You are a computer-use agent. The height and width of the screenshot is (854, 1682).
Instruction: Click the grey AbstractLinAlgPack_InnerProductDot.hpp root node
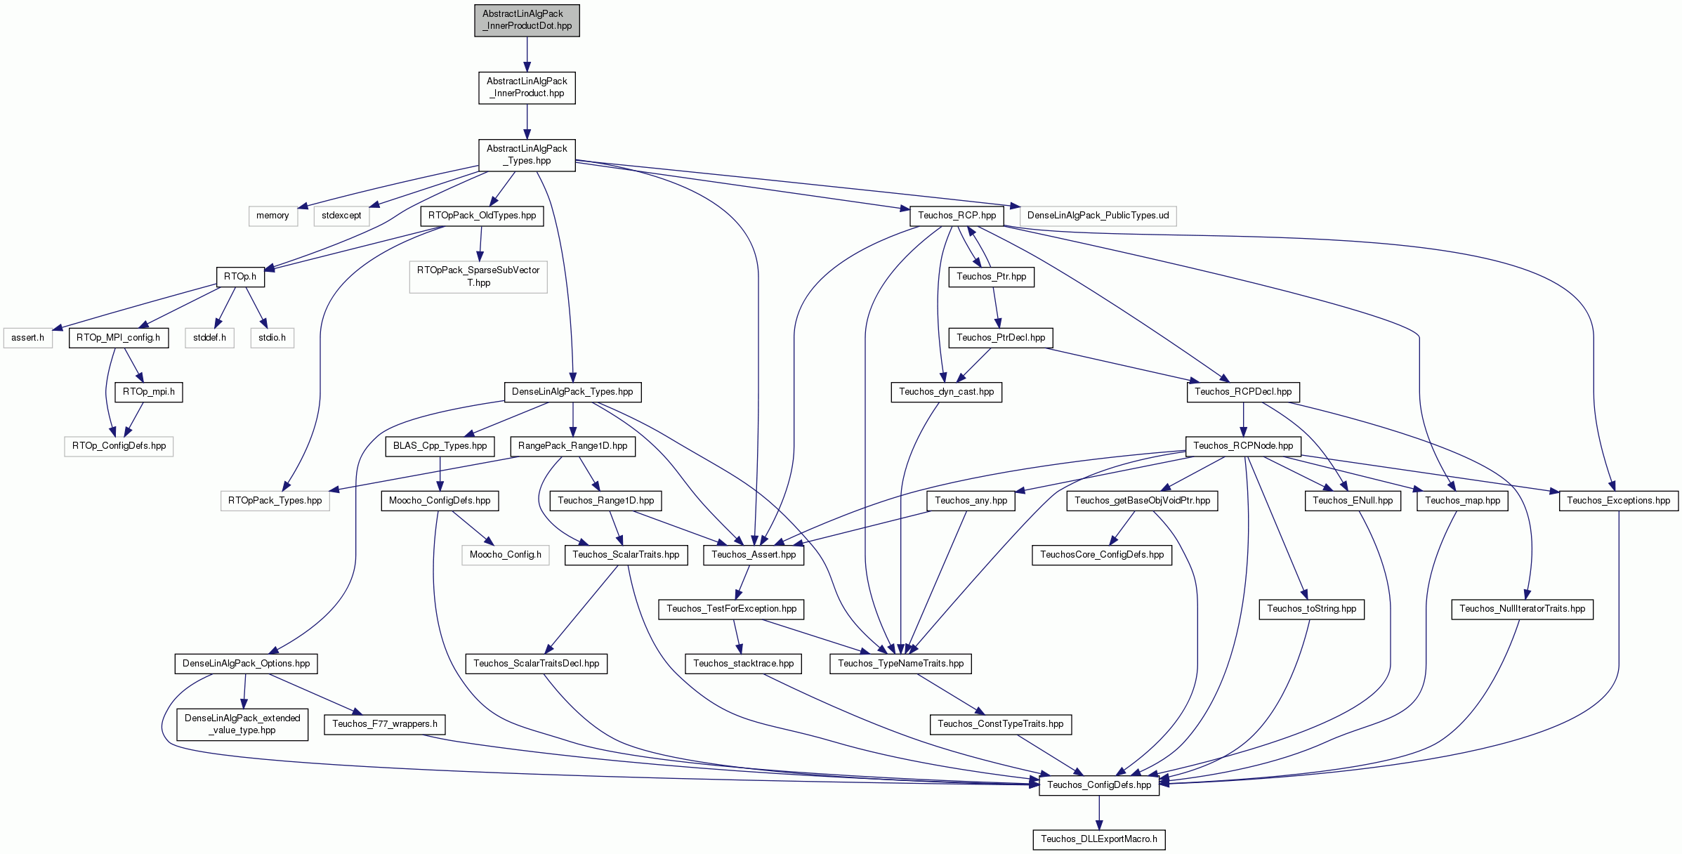pos(527,20)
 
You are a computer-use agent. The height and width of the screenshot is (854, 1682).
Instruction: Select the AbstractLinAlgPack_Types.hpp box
pos(527,155)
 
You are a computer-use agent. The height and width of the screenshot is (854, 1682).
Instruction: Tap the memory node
pos(272,216)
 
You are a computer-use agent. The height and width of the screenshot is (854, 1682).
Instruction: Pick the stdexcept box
pos(341,216)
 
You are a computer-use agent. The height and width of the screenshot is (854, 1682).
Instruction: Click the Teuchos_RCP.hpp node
pos(957,216)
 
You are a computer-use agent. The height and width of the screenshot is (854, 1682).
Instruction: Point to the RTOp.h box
pos(240,277)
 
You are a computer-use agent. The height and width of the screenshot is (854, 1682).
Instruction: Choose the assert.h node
pos(27,338)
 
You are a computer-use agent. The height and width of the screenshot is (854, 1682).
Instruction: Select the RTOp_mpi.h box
pos(149,392)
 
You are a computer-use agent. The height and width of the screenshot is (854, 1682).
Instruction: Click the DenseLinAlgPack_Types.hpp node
pos(572,392)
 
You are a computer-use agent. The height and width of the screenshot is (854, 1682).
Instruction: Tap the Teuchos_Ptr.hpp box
pos(991,277)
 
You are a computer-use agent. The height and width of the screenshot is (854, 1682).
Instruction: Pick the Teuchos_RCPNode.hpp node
pos(1243,446)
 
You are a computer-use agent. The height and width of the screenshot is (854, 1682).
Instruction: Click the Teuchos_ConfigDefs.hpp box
pos(1099,785)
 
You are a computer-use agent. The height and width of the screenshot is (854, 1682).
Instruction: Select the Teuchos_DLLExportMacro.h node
pos(1099,839)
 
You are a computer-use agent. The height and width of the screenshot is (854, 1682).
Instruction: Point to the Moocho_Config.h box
pos(505,555)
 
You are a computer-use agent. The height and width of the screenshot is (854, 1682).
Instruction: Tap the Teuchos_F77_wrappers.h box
pos(385,724)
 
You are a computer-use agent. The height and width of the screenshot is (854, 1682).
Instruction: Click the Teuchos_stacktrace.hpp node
pos(743,664)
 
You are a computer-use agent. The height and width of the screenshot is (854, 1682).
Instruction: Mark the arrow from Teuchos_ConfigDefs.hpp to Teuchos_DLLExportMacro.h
pos(1099,812)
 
